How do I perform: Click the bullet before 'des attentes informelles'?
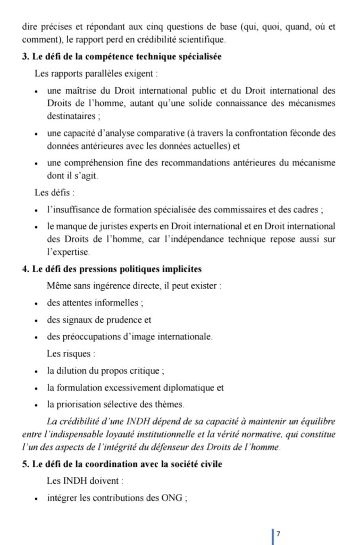point(35,304)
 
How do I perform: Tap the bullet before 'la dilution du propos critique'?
point(35,371)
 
